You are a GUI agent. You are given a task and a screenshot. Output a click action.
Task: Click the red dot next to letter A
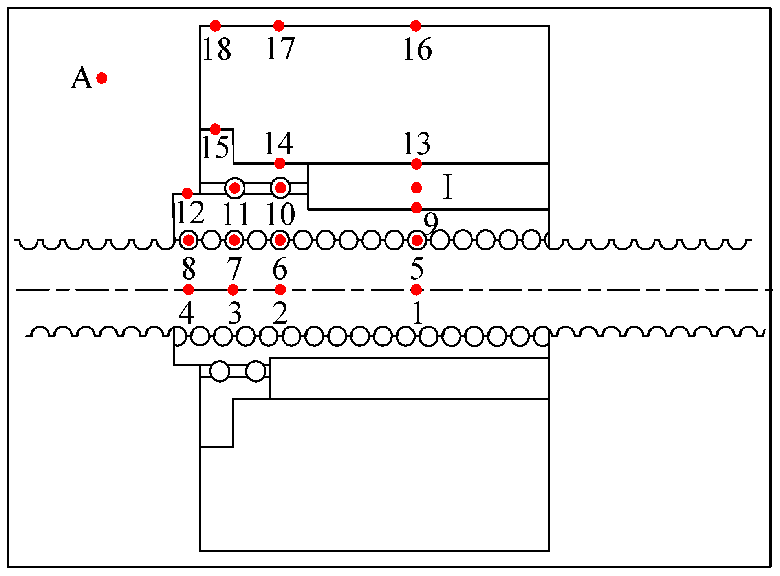click(x=102, y=78)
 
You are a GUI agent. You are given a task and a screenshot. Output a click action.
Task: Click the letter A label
click(x=82, y=78)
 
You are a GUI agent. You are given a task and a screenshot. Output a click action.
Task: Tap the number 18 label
click(x=217, y=50)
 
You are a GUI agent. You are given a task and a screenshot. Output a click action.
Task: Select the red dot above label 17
click(x=278, y=26)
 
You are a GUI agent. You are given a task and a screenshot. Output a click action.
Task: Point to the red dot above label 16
click(x=416, y=26)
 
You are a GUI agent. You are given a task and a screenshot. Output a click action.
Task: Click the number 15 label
click(x=215, y=148)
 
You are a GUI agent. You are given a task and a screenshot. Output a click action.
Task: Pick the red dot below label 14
click(x=279, y=163)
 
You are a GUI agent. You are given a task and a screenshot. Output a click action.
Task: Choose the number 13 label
click(x=416, y=144)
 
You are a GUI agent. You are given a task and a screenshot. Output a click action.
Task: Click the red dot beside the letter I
click(x=416, y=188)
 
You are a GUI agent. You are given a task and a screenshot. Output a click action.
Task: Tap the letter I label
click(x=448, y=187)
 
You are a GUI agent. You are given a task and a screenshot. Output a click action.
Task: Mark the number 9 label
click(x=431, y=223)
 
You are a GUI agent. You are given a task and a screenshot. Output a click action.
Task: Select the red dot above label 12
click(x=187, y=193)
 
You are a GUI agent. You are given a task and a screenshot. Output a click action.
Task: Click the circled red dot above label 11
click(x=235, y=188)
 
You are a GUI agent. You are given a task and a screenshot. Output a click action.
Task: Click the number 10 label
click(x=280, y=214)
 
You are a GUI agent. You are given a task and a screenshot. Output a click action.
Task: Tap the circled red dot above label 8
click(x=189, y=240)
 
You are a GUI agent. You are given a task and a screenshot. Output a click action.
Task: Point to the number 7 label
click(x=234, y=269)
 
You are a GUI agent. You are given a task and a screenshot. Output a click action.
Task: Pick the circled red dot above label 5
click(x=417, y=240)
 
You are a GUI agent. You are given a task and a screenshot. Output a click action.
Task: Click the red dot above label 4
click(x=189, y=290)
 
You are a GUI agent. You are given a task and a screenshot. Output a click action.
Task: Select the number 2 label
click(x=280, y=314)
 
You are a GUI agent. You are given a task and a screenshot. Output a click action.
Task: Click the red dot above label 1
click(x=416, y=290)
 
